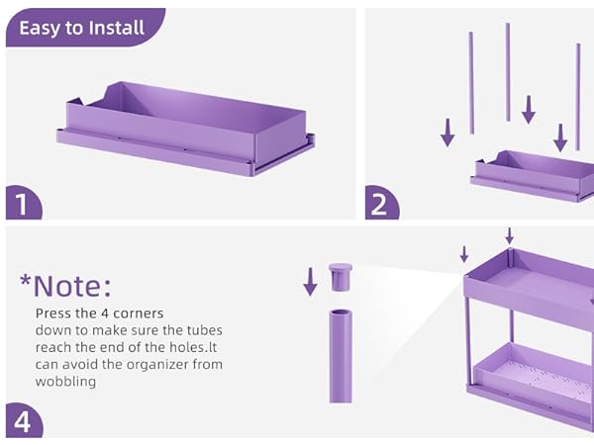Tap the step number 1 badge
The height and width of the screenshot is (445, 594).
(23, 203)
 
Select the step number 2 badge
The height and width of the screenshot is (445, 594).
(381, 203)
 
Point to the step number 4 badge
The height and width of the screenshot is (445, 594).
(24, 421)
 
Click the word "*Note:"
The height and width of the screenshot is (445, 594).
(66, 286)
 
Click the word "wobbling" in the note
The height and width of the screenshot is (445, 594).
(65, 381)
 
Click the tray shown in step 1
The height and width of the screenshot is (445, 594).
(186, 129)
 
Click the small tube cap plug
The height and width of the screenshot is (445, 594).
(341, 277)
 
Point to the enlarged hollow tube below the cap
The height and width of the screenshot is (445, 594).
(341, 356)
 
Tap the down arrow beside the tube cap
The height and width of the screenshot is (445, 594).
(310, 282)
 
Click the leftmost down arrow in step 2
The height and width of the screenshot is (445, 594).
(447, 133)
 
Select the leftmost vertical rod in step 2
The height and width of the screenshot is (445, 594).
(471, 83)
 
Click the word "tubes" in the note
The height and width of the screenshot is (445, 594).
(205, 330)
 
